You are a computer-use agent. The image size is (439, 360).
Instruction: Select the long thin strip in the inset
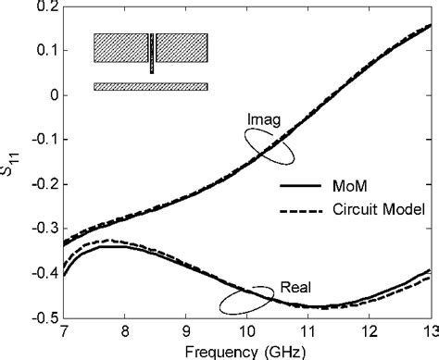[150, 86]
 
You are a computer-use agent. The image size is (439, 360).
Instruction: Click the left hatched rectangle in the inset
[120, 48]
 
